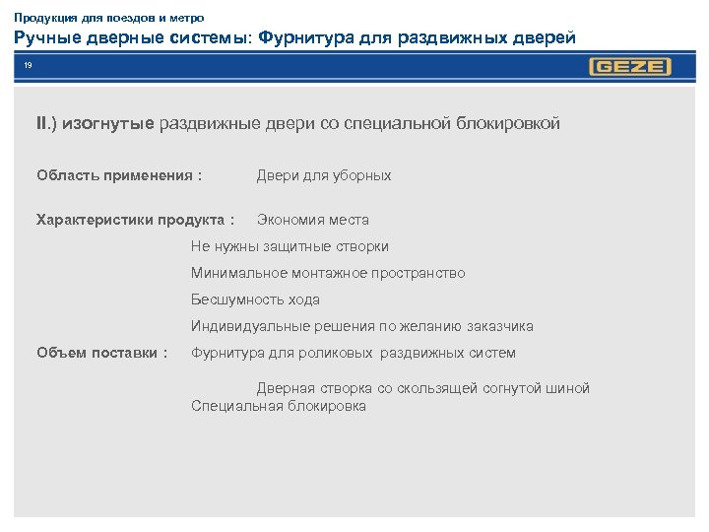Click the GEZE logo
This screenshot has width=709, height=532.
(x=630, y=67)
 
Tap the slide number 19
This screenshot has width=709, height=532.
(x=29, y=66)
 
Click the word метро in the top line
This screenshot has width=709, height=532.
(x=184, y=18)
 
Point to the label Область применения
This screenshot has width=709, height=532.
(x=119, y=175)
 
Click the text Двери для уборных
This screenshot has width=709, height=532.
(x=324, y=175)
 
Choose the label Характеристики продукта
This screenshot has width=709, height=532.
(x=136, y=220)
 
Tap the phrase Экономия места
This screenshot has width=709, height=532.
(x=313, y=220)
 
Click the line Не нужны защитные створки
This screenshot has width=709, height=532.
(x=290, y=246)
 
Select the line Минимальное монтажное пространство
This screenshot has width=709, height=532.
(x=328, y=273)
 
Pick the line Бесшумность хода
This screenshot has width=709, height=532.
(x=255, y=299)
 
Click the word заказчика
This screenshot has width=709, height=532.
(x=500, y=326)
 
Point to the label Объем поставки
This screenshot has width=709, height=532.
(x=102, y=353)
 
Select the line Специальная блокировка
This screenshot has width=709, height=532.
(x=279, y=406)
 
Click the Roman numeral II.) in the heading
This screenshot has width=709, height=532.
(x=47, y=123)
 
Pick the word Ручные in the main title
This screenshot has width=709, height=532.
(x=44, y=38)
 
